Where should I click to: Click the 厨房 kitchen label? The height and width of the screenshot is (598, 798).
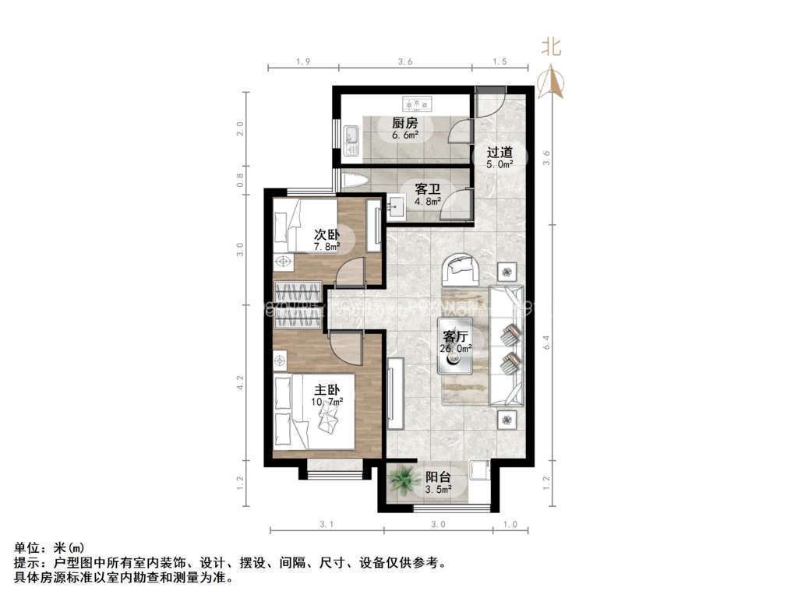tap(404, 123)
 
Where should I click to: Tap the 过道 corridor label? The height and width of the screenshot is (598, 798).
tap(500, 152)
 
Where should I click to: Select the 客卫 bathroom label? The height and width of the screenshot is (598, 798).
tap(427, 188)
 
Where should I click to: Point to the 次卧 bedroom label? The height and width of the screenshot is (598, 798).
tap(327, 234)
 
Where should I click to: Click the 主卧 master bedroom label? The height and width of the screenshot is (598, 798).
tap(327, 389)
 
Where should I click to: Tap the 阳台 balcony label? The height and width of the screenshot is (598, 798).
tap(437, 477)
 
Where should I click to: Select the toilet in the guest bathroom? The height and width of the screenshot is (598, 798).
tap(355, 181)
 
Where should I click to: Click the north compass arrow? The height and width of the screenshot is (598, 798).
tap(552, 79)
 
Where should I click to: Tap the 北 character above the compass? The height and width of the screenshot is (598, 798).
tap(551, 47)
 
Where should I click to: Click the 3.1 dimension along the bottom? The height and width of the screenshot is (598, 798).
tap(326, 525)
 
